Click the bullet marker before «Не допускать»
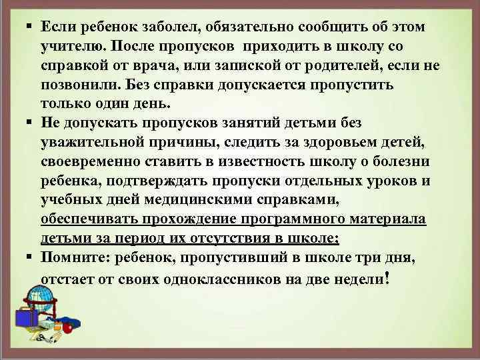click(31, 123)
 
